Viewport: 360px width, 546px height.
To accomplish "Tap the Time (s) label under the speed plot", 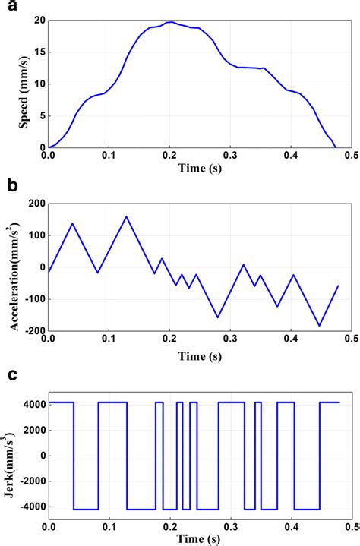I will coord(200,169).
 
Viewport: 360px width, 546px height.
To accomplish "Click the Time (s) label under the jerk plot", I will coord(200,538).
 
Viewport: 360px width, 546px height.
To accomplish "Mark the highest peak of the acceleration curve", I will coord(126,216).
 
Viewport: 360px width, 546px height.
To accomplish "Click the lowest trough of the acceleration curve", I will coord(320,326).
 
